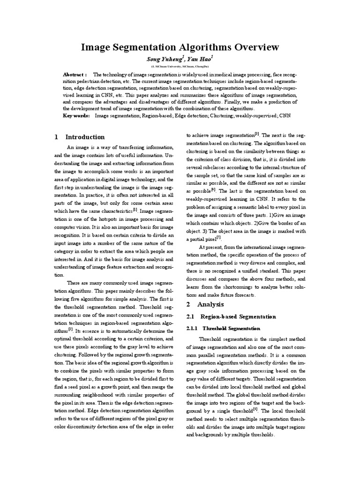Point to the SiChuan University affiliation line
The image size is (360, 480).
(x=180, y=67)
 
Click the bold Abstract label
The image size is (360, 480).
(x=75, y=75)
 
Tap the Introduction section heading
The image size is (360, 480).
(x=85, y=137)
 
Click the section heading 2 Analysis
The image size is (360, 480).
(x=210, y=304)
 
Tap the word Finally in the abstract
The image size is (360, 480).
(x=266, y=102)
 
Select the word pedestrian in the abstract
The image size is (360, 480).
(x=94, y=82)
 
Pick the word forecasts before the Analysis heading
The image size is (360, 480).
(x=243, y=295)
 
